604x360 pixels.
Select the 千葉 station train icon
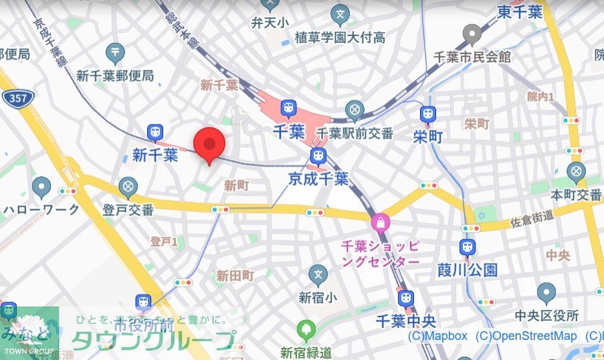pyautogui.click(x=288, y=108)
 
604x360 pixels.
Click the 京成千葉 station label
pyautogui.click(x=318, y=179)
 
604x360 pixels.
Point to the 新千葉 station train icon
pyautogui.click(x=155, y=132)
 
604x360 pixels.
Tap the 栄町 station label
pyautogui.click(x=427, y=137)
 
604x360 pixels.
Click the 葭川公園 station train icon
pyautogui.click(x=468, y=247)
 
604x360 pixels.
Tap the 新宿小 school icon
pyautogui.click(x=318, y=274)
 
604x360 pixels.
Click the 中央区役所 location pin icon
pyautogui.click(x=546, y=292)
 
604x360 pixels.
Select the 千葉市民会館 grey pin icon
pyautogui.click(x=473, y=34)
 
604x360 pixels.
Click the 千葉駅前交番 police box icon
pyautogui.click(x=355, y=110)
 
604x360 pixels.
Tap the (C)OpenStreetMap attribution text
pyautogui.click(x=526, y=336)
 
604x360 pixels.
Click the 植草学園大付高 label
pyautogui.click(x=340, y=37)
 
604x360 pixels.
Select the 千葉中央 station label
pyautogui.click(x=405, y=321)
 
